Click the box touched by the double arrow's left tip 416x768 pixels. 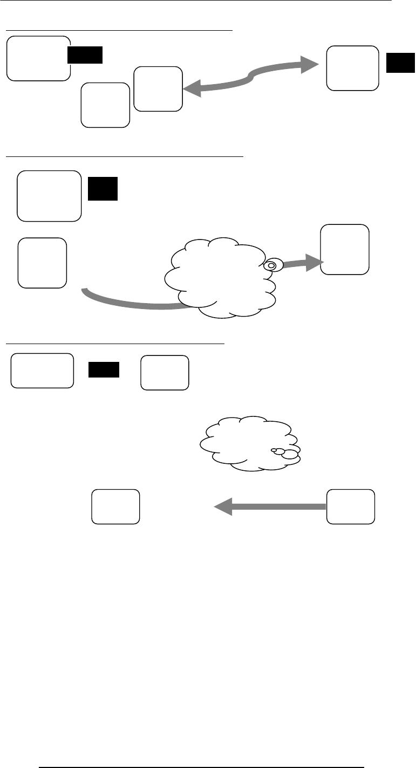pyautogui.click(x=158, y=89)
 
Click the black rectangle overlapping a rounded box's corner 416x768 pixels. pyautogui.click(x=85, y=55)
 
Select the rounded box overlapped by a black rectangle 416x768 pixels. pyautogui.click(x=38, y=58)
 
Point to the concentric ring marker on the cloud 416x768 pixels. pyautogui.click(x=271, y=265)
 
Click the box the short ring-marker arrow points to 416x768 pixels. pyautogui.click(x=345, y=250)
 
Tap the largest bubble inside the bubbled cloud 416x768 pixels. pyautogui.click(x=290, y=454)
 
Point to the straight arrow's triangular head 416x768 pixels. pyautogui.click(x=224, y=506)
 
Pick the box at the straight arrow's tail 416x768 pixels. pyautogui.click(x=351, y=506)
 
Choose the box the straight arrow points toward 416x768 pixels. pyautogui.click(x=115, y=506)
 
